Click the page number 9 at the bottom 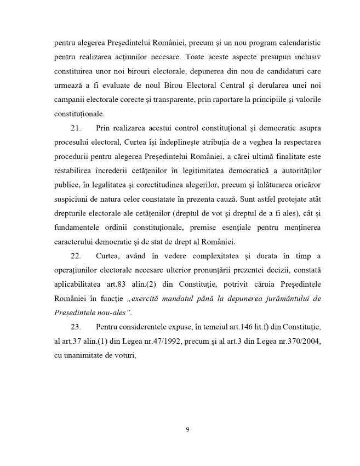click(187, 429)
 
